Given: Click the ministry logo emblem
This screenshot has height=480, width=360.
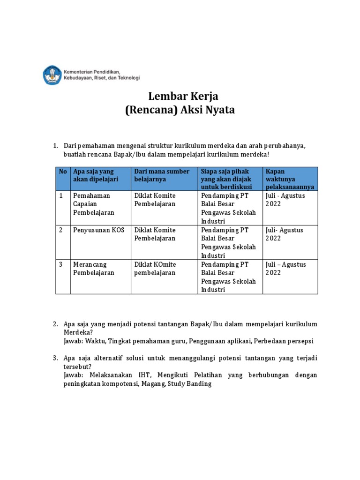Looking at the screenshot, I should click(x=52, y=75).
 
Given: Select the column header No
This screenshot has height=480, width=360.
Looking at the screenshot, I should click(x=63, y=172).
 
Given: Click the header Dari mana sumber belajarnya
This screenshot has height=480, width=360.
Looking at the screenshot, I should click(x=162, y=175).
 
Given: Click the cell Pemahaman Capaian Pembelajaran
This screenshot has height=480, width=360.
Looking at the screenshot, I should click(x=93, y=204).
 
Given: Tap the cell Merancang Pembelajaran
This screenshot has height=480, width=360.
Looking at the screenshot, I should click(x=93, y=269).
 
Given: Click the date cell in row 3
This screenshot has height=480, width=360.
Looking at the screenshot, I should click(x=285, y=269).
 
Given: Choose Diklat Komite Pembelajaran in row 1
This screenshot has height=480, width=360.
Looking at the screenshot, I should click(x=155, y=200).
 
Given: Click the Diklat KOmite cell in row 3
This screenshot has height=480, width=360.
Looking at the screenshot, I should click(x=155, y=269).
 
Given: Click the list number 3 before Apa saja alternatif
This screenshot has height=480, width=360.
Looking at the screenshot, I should click(x=55, y=358).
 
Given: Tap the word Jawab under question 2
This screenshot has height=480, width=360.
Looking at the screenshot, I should click(x=73, y=341).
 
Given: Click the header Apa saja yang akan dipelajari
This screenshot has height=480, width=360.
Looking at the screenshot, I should click(x=96, y=175).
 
